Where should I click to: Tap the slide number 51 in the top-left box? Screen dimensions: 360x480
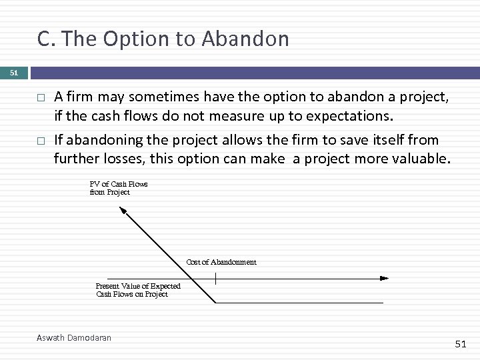point(14,72)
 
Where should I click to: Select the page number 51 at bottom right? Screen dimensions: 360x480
point(461,343)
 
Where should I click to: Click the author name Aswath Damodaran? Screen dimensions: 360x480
point(73,338)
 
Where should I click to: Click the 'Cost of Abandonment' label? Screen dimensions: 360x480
point(221,262)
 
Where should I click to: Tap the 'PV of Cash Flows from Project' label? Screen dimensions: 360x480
point(118,188)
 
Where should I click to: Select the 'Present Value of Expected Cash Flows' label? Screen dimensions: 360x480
point(137,290)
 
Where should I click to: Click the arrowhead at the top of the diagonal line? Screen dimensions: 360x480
point(123,211)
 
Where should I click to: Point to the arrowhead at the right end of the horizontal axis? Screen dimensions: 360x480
point(384,278)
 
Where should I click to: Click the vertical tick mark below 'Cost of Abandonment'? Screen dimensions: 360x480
point(215,277)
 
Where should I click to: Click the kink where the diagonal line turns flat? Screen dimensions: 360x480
point(215,303)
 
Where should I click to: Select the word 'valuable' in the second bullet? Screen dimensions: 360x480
point(421,160)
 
